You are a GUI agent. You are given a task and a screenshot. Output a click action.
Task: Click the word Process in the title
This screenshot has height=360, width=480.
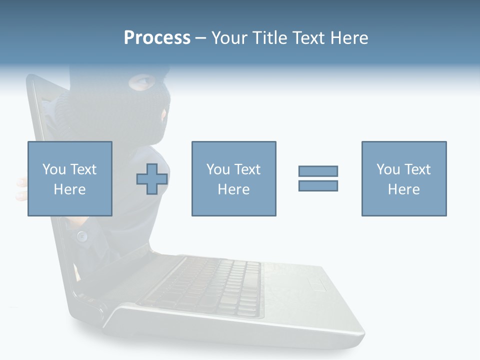click(x=157, y=38)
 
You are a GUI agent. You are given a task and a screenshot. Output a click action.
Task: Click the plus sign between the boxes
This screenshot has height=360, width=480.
click(x=152, y=179)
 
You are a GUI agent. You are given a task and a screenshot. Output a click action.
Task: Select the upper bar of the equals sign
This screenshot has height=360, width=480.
click(x=318, y=171)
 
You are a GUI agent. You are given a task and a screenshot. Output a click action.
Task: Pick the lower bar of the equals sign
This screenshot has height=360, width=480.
click(x=318, y=185)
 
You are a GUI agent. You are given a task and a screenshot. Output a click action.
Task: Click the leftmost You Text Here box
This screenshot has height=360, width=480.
click(x=69, y=178)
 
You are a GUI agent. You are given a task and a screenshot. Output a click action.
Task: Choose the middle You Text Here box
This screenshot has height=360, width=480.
click(x=233, y=178)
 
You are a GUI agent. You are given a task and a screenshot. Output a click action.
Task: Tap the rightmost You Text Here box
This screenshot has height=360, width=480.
click(x=403, y=178)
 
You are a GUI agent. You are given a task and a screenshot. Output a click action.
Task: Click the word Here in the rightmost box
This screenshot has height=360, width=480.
click(x=403, y=189)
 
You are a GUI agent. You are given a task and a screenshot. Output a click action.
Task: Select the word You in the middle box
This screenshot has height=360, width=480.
click(x=218, y=169)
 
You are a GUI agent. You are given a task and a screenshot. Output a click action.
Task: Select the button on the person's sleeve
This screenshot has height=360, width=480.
click(x=81, y=235)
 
